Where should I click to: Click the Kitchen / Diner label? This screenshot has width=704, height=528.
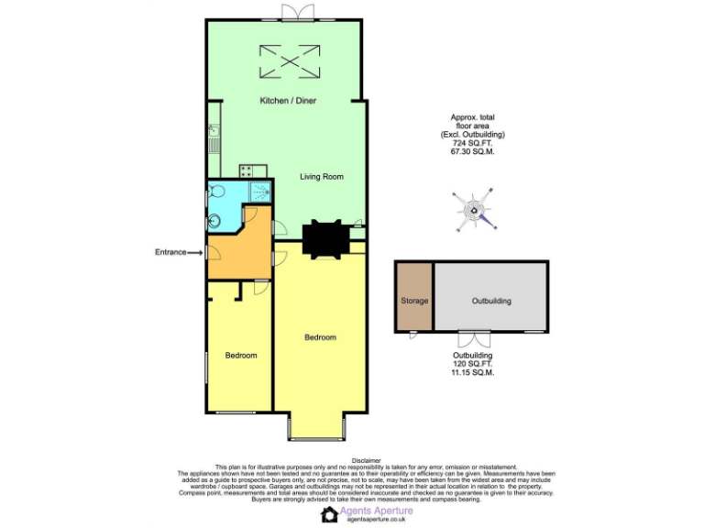pos(288,101)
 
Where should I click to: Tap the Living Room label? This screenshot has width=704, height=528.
pos(322,176)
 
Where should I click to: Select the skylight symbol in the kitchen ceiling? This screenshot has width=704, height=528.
pos(290,61)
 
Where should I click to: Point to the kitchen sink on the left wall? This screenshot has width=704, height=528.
pos(212,140)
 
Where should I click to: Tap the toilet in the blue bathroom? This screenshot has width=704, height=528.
pos(216,192)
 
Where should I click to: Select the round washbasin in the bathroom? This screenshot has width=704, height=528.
pos(214,220)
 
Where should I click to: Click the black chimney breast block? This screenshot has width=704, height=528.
pos(326,239)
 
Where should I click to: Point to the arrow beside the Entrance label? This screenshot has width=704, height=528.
pos(195,252)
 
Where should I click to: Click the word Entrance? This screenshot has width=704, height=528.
pos(170,252)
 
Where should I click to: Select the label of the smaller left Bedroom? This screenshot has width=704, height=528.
pos(241,356)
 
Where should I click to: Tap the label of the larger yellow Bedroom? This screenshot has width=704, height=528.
pos(320,337)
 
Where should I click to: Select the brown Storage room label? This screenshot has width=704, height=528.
pos(414,301)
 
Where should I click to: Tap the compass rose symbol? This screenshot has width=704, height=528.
pos(475,209)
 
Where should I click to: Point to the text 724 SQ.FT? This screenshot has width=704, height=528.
pos(472,143)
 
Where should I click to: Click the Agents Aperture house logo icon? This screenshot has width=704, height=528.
pos(329,514)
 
